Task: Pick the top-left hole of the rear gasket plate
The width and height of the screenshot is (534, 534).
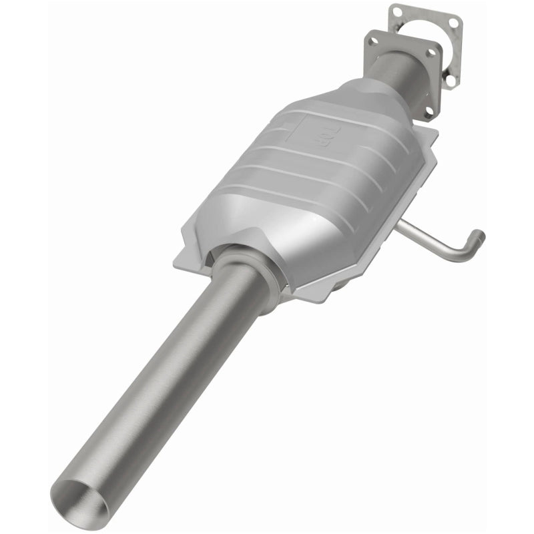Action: pyautogui.click(x=396, y=11)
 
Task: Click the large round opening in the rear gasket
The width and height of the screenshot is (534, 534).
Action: pyautogui.click(x=427, y=33)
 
